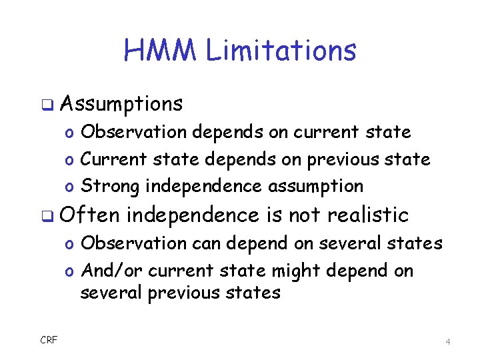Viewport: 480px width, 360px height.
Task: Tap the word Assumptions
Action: [x=121, y=104]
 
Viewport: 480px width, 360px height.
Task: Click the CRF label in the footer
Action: [x=49, y=341]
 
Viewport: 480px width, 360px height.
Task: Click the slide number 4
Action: [x=448, y=341]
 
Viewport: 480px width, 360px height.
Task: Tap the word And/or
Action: [x=112, y=271]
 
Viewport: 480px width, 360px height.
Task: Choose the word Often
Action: [x=90, y=215]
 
